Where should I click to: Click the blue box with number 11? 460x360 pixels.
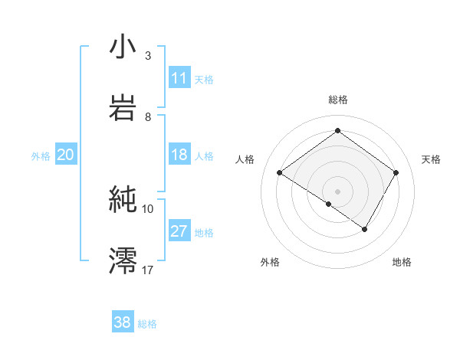[x=179, y=77]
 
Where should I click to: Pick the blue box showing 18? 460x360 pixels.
[x=179, y=155]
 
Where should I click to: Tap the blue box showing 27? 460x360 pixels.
[x=179, y=231]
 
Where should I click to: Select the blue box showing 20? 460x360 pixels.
[x=65, y=155]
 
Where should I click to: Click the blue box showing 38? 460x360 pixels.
[x=123, y=322]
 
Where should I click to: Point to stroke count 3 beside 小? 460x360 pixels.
[x=148, y=56]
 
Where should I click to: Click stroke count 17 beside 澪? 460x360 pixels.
[x=148, y=270]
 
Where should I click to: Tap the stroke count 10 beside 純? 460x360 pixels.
[x=148, y=208]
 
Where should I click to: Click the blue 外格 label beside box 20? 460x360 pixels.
[x=41, y=156]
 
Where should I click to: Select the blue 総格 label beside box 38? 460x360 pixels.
[x=147, y=324]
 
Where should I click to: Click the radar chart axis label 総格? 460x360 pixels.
[x=338, y=100]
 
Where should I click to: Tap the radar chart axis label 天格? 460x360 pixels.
[x=432, y=159]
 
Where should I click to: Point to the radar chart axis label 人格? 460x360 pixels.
[x=245, y=159]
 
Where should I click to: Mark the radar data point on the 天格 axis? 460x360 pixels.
[x=396, y=172]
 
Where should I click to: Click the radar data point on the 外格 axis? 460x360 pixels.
[x=329, y=204]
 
